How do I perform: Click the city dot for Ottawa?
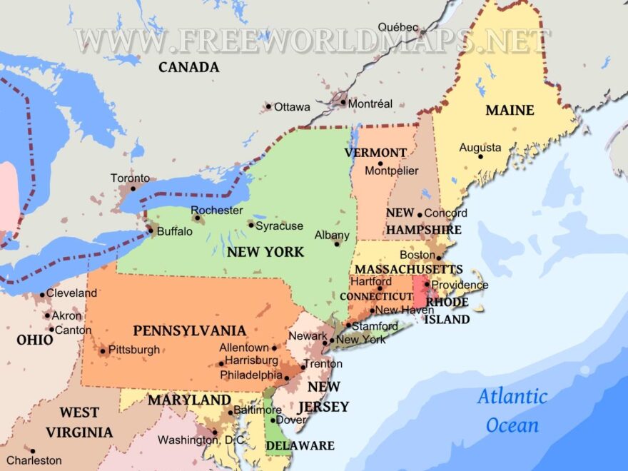pyautogui.click(x=269, y=107)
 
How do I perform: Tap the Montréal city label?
pyautogui.click(x=370, y=103)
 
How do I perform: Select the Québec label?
pyautogui.click(x=398, y=27)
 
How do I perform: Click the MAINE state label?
pyautogui.click(x=510, y=111)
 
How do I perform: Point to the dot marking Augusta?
pyautogui.click(x=480, y=156)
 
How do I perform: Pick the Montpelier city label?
pyautogui.click(x=392, y=171)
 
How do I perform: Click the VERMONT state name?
pyautogui.click(x=375, y=153)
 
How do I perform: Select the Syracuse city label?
pyautogui.click(x=279, y=226)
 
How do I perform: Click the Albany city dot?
pyautogui.click(x=337, y=244)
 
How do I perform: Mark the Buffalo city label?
pyautogui.click(x=175, y=231)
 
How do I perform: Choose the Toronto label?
pyautogui.click(x=130, y=178)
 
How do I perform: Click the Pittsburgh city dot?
pyautogui.click(x=103, y=350)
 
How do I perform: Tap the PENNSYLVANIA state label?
pyautogui.click(x=189, y=331)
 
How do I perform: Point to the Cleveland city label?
pyautogui.click(x=72, y=293)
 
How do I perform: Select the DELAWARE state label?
pyautogui.click(x=300, y=446)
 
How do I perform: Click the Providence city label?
pyautogui.click(x=460, y=285)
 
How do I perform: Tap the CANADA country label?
pyautogui.click(x=188, y=68)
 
